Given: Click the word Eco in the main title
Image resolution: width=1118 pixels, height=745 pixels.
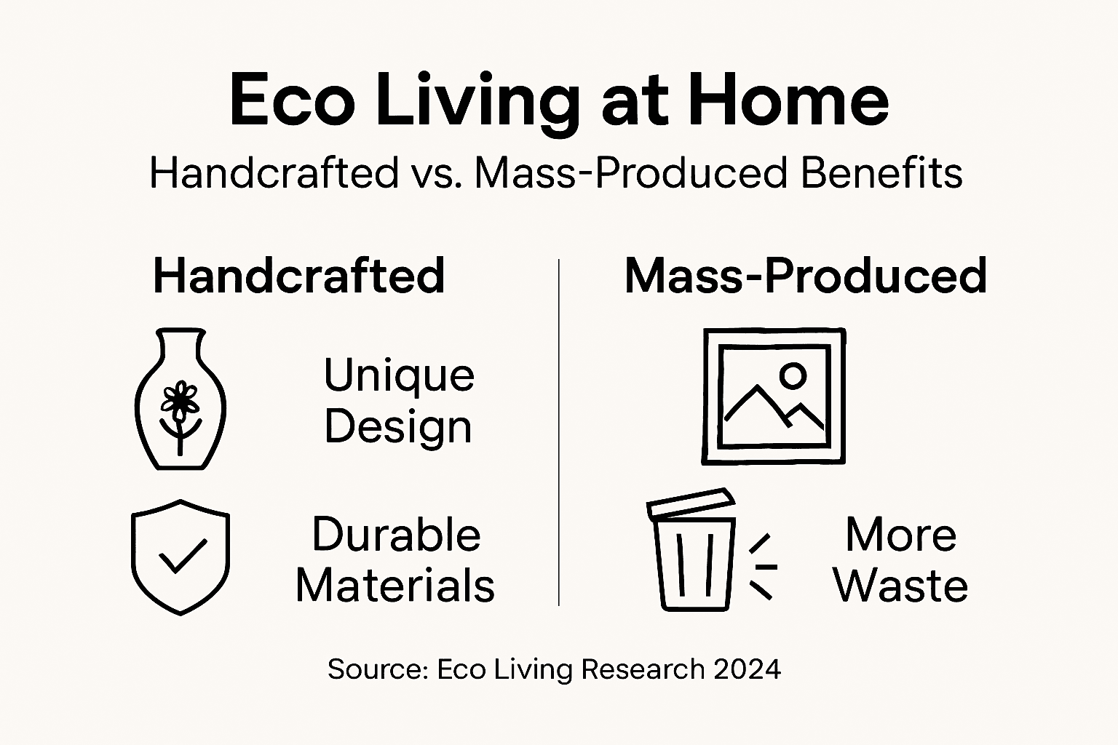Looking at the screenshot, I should tap(292, 101).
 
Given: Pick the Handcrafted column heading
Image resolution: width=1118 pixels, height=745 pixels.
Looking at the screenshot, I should tap(299, 276).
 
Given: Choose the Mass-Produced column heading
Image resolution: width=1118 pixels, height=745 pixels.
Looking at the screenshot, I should tap(806, 276).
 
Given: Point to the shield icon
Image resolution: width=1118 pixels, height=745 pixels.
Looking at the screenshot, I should tap(181, 557).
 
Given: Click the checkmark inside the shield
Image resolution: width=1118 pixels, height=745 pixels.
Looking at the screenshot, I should tap(182, 557).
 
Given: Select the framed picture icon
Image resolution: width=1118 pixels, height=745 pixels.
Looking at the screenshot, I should tap(774, 396).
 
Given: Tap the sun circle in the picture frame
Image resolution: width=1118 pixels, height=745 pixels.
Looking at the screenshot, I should tap(793, 375).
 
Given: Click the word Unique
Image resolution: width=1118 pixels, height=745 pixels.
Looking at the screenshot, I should tap(399, 375).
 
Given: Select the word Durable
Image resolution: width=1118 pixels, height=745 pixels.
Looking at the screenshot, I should tap(396, 535).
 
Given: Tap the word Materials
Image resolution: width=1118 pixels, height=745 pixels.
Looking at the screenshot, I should tap(395, 586).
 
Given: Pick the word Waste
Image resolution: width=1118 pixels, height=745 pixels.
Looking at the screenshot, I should tap(900, 586).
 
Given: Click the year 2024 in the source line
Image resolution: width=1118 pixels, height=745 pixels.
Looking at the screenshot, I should tap(747, 669).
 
